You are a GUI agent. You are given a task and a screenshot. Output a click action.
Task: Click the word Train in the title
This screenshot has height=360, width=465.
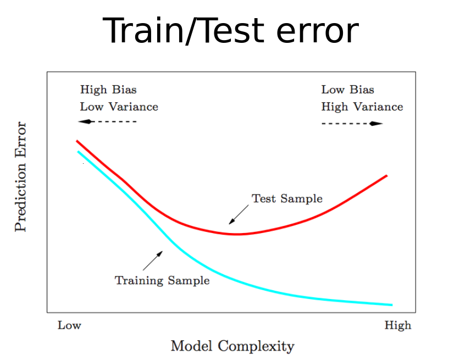143,31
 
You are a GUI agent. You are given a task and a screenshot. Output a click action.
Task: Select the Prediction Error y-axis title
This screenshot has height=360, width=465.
20,177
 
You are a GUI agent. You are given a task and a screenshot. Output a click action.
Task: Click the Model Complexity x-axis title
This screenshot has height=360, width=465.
232,346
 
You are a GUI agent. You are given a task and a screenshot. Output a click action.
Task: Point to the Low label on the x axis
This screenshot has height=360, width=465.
69,325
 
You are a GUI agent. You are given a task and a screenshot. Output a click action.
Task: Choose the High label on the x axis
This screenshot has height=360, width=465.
398,326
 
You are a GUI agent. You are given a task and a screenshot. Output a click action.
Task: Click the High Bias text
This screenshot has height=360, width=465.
108,90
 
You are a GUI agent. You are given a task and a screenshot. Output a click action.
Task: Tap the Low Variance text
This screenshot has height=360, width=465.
119,107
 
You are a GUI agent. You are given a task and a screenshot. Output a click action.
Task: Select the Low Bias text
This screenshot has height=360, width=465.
347,90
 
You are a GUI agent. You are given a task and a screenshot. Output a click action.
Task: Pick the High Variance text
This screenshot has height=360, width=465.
362,107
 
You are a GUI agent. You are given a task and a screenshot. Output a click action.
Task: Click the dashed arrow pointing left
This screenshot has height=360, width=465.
107,121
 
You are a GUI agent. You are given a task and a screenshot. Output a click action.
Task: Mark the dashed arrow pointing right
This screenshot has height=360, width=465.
352,124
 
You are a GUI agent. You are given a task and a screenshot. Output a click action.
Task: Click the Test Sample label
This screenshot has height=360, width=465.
287,198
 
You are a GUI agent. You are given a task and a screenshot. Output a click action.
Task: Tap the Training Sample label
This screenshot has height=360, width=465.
162,281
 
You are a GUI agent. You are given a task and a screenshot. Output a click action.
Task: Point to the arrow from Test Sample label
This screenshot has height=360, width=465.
239,214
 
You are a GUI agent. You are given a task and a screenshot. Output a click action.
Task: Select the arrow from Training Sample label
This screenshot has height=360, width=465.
153,261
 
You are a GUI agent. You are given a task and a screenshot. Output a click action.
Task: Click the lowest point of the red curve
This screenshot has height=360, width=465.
237,234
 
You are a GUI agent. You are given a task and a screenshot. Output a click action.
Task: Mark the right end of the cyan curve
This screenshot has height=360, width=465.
392,304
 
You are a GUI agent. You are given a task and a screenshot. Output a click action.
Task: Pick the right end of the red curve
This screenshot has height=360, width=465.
387,176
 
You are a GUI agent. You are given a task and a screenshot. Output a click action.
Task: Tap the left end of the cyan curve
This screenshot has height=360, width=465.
78,152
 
